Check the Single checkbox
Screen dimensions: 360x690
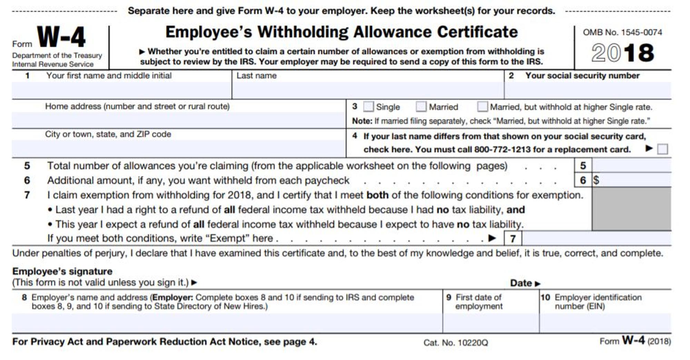[368, 107]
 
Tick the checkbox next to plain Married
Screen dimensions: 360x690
[421, 107]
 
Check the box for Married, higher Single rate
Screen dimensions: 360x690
[482, 107]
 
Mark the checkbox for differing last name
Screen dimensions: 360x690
[662, 149]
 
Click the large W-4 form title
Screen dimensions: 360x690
[61, 37]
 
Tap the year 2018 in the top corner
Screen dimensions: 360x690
[622, 53]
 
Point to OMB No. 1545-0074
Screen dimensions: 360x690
[622, 32]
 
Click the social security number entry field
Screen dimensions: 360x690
[588, 90]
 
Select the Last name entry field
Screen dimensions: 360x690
[368, 90]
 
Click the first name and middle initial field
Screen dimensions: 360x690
[121, 90]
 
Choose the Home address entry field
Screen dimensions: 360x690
[179, 120]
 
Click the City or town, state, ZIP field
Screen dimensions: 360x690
[179, 149]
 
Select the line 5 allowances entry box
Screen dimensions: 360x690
[631, 166]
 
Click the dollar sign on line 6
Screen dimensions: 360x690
[596, 180]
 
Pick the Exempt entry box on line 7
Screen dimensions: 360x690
[596, 239]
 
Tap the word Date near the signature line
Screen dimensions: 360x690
[521, 283]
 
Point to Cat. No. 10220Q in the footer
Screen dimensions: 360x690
[456, 343]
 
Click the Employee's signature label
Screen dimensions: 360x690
[62, 271]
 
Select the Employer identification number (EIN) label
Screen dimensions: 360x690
[598, 302]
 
